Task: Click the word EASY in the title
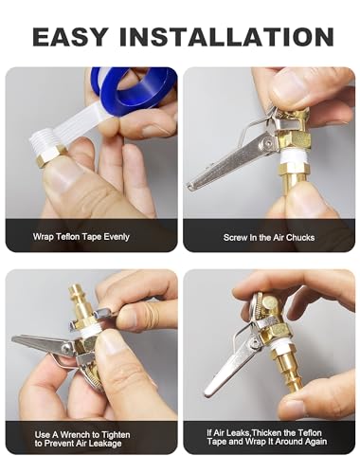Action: tap(70, 37)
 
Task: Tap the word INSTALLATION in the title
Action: tap(226, 37)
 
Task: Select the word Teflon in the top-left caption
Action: tap(68, 236)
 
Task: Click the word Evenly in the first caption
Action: tap(117, 237)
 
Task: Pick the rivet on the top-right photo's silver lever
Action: tap(269, 143)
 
